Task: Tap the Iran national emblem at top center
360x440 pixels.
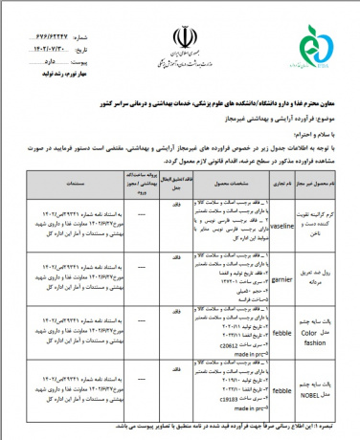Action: click(x=178, y=39)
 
